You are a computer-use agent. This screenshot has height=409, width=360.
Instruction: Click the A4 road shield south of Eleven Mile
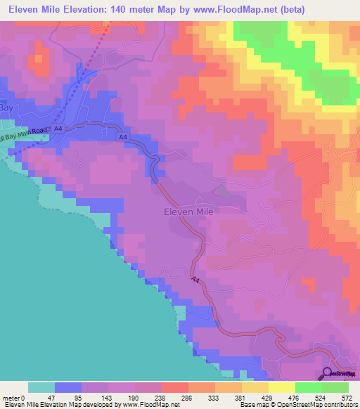tap(196, 280)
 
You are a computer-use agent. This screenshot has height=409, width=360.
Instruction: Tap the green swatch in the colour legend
tap(308, 387)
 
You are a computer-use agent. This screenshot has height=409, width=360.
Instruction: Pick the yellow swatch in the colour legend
tap(281, 387)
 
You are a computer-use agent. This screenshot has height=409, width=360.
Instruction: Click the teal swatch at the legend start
tap(41, 387)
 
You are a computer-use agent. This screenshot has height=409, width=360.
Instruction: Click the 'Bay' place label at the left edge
tap(6, 110)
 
